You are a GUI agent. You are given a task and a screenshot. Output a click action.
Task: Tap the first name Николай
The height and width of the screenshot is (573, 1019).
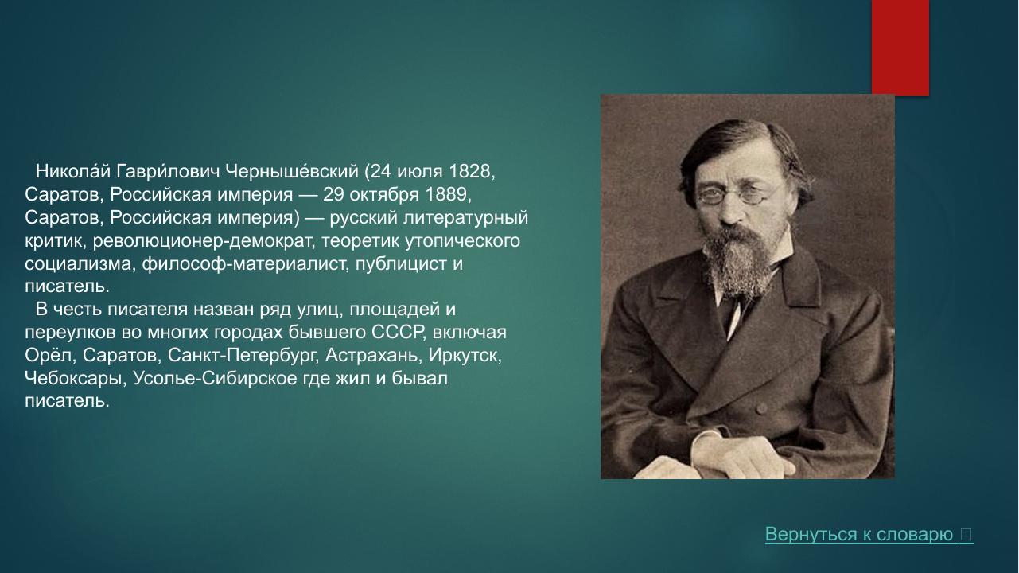tap(73, 172)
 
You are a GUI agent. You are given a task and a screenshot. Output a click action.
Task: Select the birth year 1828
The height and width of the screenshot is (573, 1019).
tap(470, 172)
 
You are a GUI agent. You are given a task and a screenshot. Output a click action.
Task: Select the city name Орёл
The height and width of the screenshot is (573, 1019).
tap(48, 355)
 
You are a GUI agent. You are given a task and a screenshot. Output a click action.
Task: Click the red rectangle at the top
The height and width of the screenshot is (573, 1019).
tap(900, 46)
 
